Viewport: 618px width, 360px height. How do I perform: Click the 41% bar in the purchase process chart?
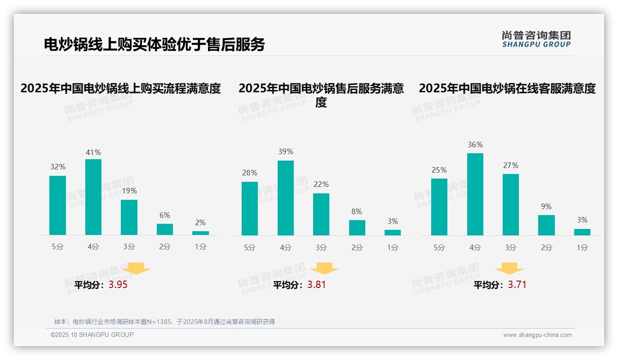point(93,197)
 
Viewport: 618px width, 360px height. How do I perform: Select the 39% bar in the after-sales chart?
point(285,198)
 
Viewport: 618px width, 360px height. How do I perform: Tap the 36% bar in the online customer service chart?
point(475,194)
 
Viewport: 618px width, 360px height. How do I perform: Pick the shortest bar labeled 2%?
point(200,233)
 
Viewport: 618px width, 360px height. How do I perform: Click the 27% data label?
point(511,165)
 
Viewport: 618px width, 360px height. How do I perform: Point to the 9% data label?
point(546,206)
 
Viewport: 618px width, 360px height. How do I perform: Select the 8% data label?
point(357,211)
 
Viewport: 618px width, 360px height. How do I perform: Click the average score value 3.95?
point(118,285)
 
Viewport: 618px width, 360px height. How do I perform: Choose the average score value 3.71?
point(517,285)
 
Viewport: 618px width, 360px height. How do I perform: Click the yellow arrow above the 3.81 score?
point(324,269)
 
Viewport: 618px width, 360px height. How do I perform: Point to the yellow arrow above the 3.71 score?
point(509,269)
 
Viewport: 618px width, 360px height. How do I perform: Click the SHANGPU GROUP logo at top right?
point(536,39)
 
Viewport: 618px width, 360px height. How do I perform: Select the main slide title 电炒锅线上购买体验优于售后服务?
point(154,44)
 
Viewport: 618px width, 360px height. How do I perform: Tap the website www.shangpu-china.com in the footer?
point(537,335)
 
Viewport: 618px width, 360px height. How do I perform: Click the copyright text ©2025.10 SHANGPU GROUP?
point(92,335)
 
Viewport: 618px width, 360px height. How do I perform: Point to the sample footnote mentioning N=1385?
point(164,322)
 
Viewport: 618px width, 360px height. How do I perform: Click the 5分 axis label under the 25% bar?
point(439,247)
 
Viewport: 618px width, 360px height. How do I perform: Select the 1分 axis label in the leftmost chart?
point(200,246)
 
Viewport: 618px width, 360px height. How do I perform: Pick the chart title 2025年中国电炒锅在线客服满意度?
point(507,88)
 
